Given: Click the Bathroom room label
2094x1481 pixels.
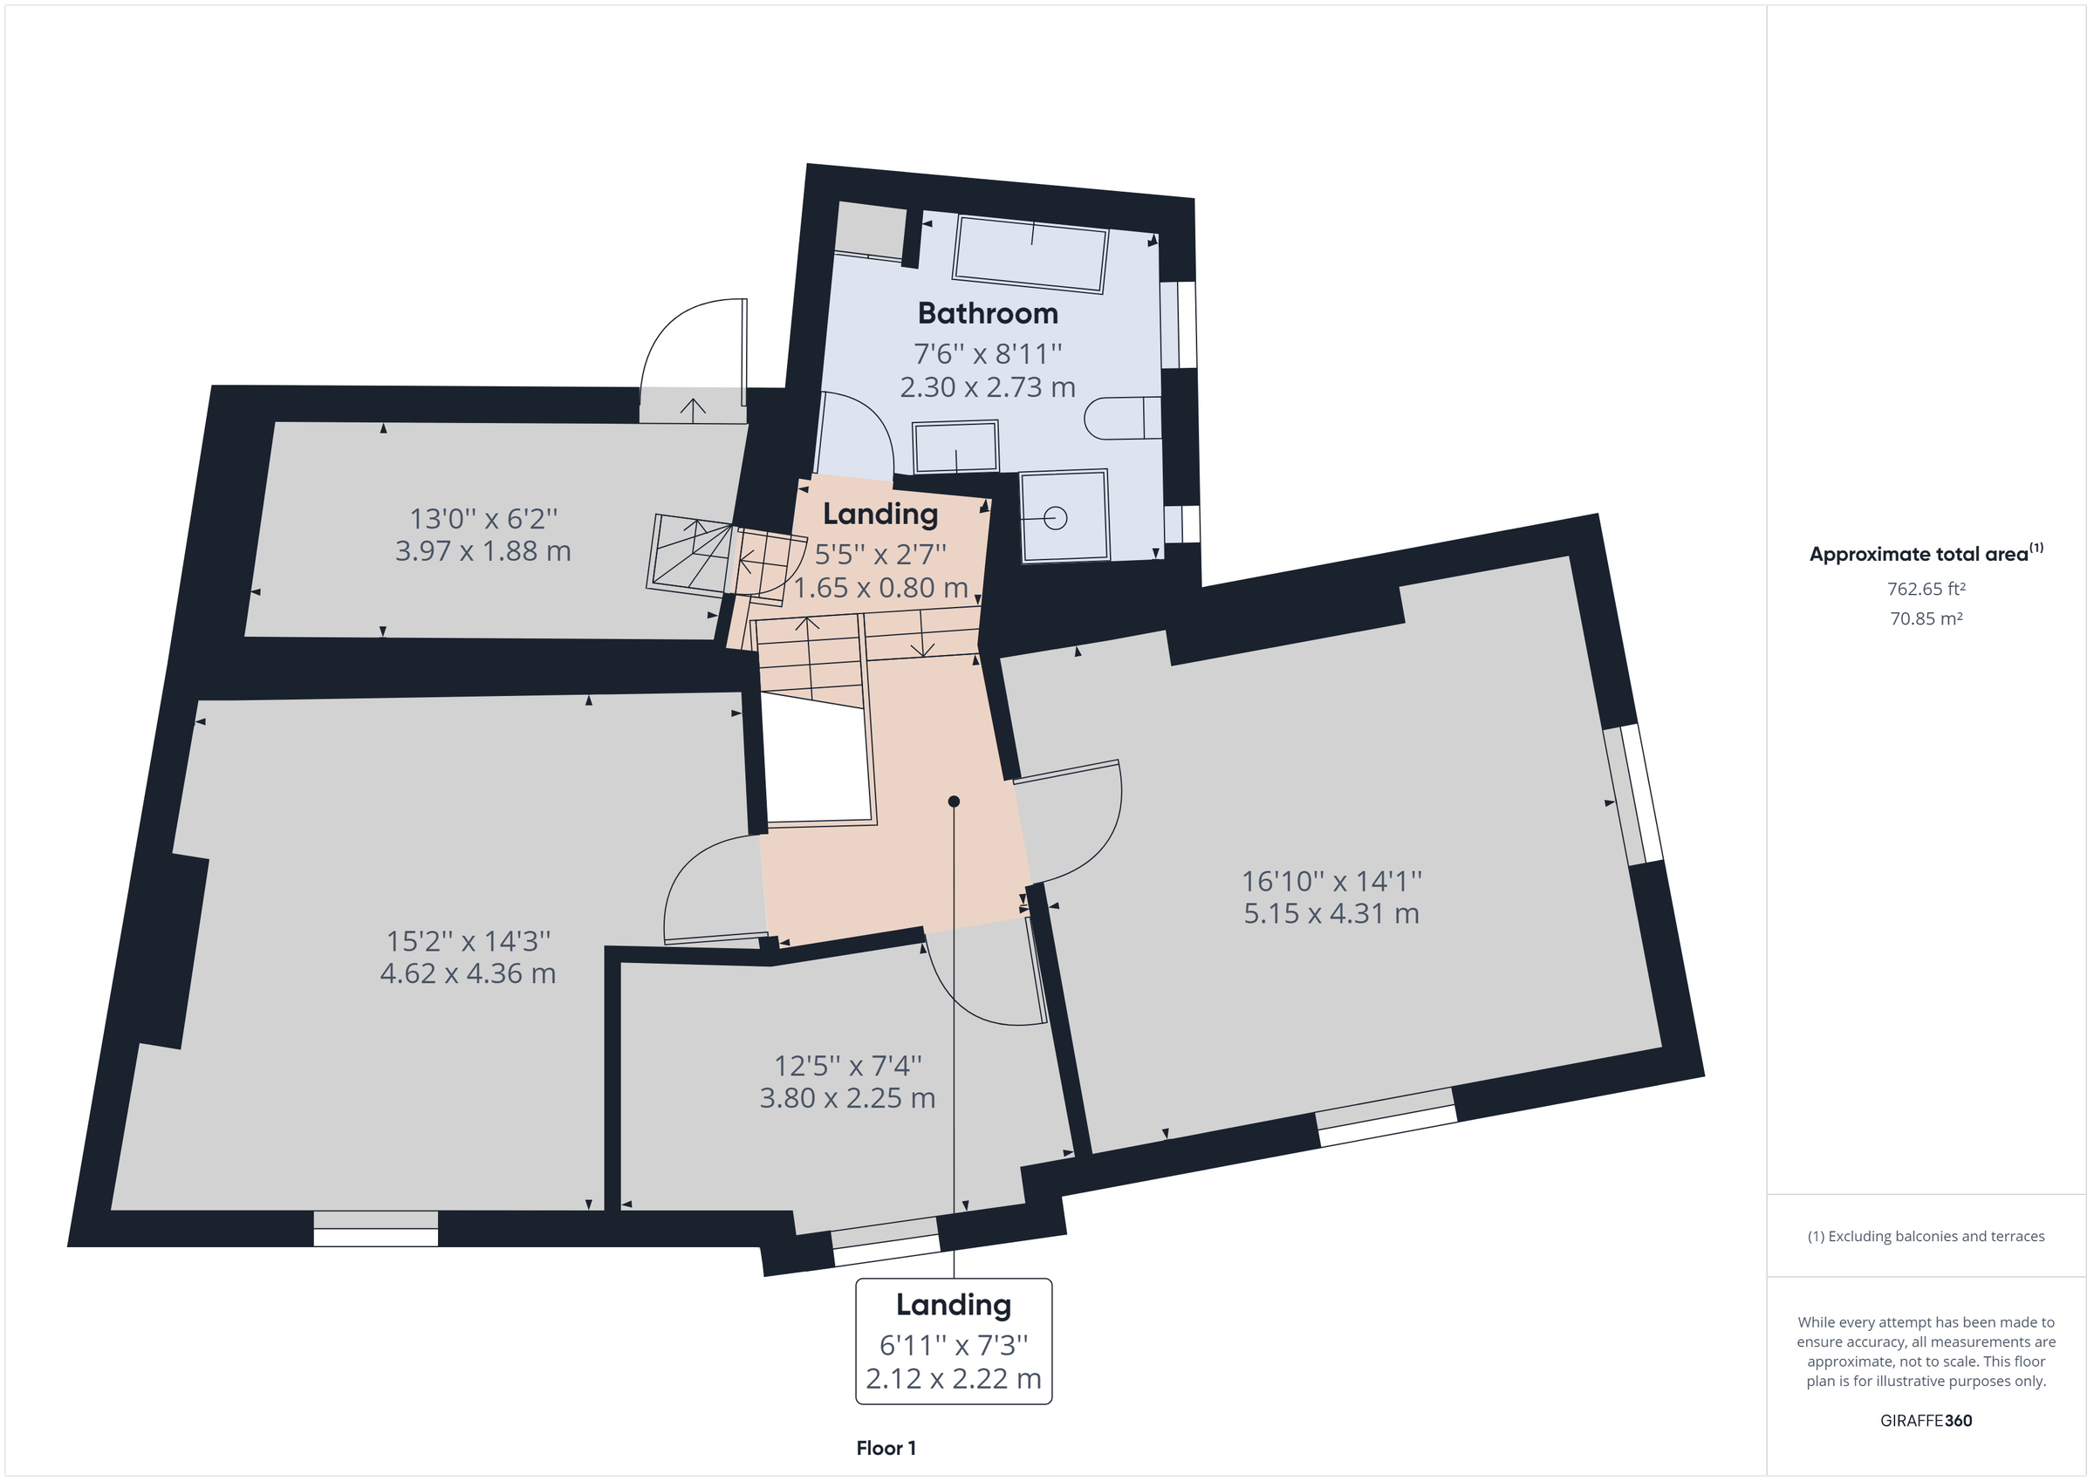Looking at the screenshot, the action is tap(988, 313).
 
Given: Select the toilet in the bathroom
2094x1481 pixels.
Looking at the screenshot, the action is tap(1122, 418).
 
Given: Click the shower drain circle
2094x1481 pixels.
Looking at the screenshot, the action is tap(1055, 518).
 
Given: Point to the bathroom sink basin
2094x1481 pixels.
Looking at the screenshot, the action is tap(955, 446).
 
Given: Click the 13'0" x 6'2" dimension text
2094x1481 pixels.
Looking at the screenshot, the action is tap(483, 518).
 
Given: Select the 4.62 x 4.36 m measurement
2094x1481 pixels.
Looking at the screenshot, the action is tap(468, 973).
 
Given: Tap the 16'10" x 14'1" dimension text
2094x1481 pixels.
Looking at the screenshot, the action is tap(1331, 881).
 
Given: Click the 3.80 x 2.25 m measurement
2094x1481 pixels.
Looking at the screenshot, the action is tap(847, 1097).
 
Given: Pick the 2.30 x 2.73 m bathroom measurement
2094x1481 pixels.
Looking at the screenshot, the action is tap(988, 386).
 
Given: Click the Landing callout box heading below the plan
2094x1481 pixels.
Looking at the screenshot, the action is tap(953, 1305).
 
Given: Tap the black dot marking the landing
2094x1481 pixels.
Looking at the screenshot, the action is tap(954, 802).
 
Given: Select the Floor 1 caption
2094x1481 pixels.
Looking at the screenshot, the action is tap(886, 1448).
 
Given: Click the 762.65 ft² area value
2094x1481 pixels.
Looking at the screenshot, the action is tap(1926, 589).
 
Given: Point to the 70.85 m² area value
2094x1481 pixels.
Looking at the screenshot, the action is tap(1926, 618).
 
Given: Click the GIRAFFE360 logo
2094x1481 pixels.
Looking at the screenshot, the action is tap(1926, 1420).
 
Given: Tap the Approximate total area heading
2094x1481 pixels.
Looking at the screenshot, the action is tap(1926, 553).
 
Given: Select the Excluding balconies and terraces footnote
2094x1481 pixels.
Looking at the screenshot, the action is tap(1926, 1236).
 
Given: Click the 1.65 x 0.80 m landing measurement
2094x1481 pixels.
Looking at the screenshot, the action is tap(880, 587).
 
